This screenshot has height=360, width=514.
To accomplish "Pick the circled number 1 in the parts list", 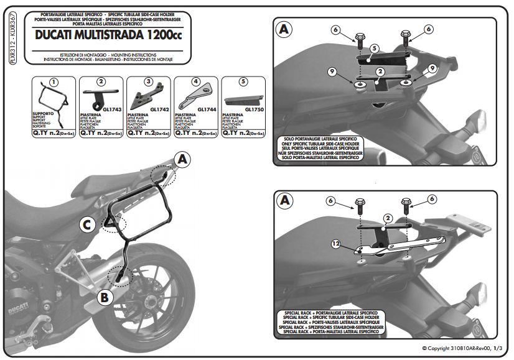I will tap(54, 82).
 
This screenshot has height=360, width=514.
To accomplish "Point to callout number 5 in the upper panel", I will tap(374, 48).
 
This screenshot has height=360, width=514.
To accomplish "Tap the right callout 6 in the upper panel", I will tap(429, 29).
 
